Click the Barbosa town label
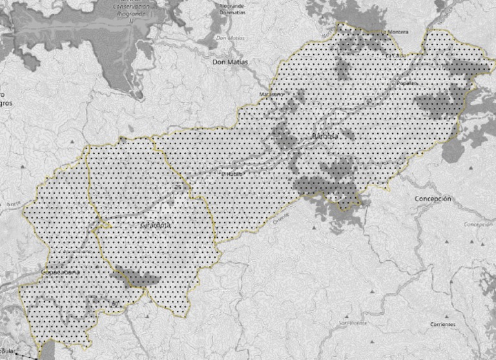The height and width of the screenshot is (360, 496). [x=324, y=137]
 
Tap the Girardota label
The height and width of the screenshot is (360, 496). [x=155, y=225]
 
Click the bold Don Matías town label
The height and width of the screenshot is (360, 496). [x=230, y=62]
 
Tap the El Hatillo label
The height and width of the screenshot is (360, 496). [x=231, y=174]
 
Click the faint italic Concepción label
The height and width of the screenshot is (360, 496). [x=478, y=224]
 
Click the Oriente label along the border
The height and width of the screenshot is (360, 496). [x=282, y=219]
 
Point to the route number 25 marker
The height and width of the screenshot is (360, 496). [x=177, y=187]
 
